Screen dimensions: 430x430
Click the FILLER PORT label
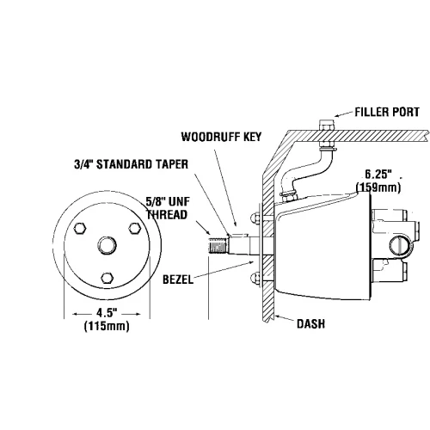(387, 112)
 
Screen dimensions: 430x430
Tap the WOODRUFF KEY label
(221, 137)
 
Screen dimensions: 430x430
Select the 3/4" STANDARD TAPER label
(132, 164)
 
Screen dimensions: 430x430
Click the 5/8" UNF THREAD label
(168, 208)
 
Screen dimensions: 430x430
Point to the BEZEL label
(178, 279)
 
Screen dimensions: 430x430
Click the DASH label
(310, 324)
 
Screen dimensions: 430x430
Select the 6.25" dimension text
(378, 175)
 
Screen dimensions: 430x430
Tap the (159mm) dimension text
(378, 187)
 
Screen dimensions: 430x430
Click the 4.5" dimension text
(107, 313)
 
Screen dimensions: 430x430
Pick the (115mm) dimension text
(107, 326)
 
